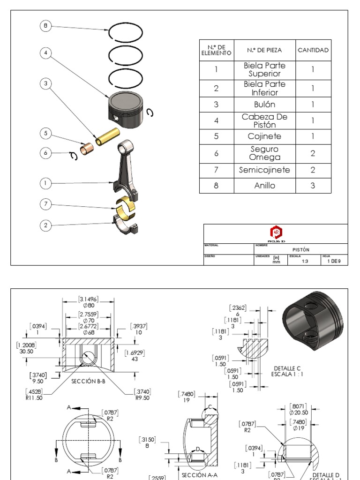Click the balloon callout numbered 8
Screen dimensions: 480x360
pos(45,26)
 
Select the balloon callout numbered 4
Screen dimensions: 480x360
pos(45,53)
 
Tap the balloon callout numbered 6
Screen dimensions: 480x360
pos(45,153)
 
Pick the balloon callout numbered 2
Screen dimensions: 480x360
pos(45,225)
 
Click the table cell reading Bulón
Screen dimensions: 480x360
pos(265,105)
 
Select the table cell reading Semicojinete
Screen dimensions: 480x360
pos(265,170)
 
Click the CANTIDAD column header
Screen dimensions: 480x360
pos(313,50)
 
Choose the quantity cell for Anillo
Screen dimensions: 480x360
pos(313,185)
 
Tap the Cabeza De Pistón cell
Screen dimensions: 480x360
pos(265,120)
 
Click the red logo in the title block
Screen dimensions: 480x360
pos(276,232)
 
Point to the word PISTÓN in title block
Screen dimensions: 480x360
pos(300,250)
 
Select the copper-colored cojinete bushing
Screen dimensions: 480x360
pos(87,150)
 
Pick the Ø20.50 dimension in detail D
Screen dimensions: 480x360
pos(298,412)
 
